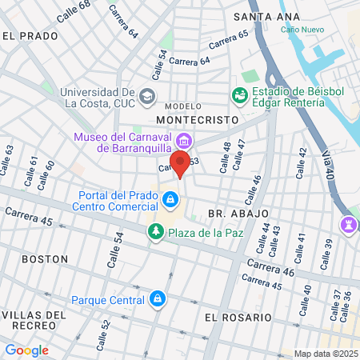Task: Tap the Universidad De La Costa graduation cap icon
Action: [x=146, y=97]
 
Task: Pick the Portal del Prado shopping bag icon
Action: [x=170, y=198]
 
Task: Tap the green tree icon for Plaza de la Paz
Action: [x=155, y=232]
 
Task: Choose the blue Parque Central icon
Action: [x=158, y=300]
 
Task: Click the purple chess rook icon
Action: [x=349, y=223]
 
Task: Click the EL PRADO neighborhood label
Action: [x=30, y=35]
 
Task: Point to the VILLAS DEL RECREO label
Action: [x=33, y=321]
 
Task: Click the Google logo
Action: [x=26, y=350]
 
